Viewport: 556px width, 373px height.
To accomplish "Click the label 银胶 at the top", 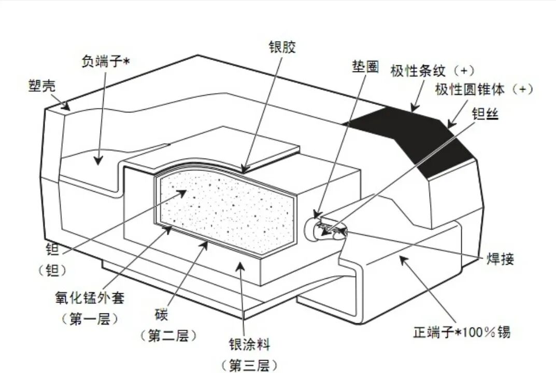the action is tap(282, 47).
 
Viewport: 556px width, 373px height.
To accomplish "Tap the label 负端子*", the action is tap(106, 61).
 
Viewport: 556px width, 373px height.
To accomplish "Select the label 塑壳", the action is tap(42, 86).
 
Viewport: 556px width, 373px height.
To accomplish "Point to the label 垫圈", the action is tap(365, 66).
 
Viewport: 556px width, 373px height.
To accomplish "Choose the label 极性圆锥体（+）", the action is tap(484, 89).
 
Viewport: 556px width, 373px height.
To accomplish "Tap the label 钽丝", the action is tap(486, 113).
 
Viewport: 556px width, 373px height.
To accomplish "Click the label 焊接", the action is tap(500, 259).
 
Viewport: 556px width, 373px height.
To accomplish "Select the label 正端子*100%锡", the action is tap(462, 332).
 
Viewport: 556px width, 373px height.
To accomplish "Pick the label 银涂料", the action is tap(250, 345).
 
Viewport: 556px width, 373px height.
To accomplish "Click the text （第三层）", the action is tap(249, 365).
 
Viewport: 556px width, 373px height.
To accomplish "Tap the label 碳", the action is tap(161, 314).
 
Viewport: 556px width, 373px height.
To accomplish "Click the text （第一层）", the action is tap(90, 319).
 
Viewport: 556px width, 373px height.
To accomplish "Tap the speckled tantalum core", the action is tap(227, 211).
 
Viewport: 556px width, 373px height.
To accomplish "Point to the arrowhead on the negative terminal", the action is tap(98, 160).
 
